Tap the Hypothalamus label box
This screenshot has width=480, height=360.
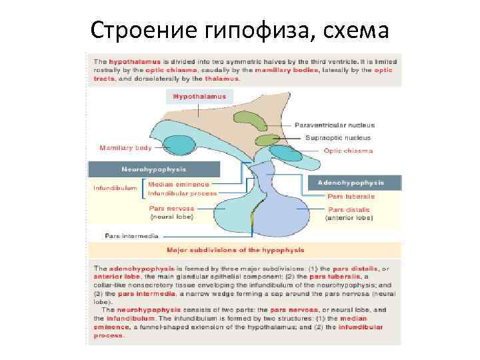[x=199, y=97]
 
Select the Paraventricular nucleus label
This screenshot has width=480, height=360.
[x=335, y=125]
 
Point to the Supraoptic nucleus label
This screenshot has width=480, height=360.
[x=338, y=138]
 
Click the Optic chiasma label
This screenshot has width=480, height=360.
[x=348, y=151]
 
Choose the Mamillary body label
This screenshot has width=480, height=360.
[x=125, y=147]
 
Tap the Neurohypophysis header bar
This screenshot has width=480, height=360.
[x=154, y=169]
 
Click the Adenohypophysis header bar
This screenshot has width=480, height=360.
[x=351, y=181]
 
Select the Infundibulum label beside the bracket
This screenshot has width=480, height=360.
[x=115, y=188]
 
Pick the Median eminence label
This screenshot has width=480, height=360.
[x=179, y=184]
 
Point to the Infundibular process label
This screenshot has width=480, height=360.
[x=182, y=193]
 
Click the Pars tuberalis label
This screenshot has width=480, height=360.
[x=351, y=197]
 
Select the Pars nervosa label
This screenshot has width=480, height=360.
[x=171, y=208]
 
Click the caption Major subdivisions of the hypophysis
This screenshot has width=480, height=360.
[x=235, y=250]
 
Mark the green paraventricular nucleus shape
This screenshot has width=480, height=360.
[x=249, y=121]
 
